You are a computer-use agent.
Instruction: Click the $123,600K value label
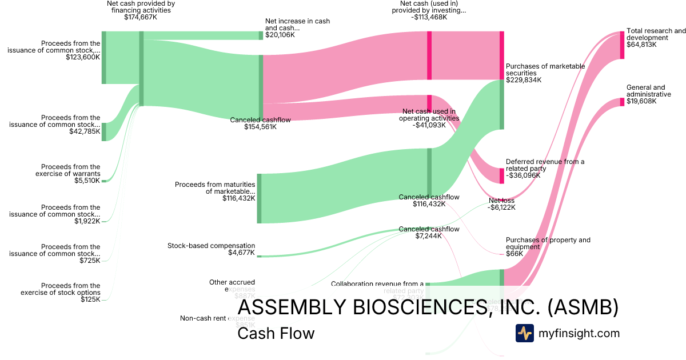point(83,57)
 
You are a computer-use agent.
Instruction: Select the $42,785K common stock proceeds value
point(83,132)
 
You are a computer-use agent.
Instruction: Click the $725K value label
point(90,261)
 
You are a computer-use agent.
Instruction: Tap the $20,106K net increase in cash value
point(280,35)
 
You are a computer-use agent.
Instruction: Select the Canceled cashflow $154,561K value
point(260,127)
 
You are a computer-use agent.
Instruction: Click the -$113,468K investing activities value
point(429,17)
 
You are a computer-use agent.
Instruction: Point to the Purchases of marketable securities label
point(545,69)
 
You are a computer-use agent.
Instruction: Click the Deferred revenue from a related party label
point(545,165)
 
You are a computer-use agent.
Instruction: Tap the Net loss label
point(501,201)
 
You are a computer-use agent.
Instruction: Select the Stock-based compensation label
point(211,246)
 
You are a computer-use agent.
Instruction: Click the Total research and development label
point(656,34)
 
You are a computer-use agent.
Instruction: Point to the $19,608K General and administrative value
point(641,101)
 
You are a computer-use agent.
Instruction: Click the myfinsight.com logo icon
point(524,333)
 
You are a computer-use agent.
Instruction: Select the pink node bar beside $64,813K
point(623,45)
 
